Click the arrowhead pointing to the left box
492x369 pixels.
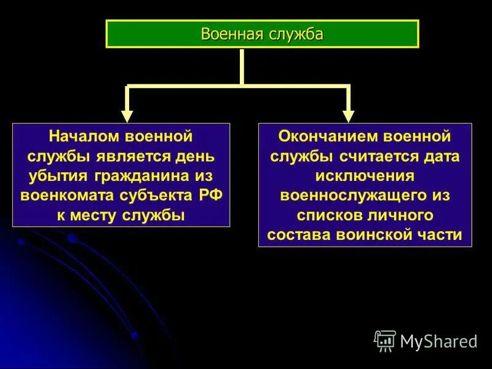coord(127,115)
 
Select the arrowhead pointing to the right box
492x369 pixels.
coord(348,115)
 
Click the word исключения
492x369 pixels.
coord(365,175)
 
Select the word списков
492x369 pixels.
coord(328,215)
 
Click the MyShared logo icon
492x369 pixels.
coord(385,340)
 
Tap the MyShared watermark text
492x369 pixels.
coord(438,341)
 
